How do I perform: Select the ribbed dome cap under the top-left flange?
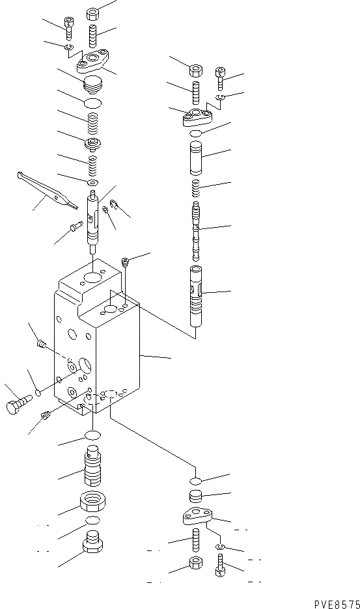[x=94, y=85]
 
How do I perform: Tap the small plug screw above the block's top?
[x=126, y=262]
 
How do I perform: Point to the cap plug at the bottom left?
[x=93, y=543]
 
